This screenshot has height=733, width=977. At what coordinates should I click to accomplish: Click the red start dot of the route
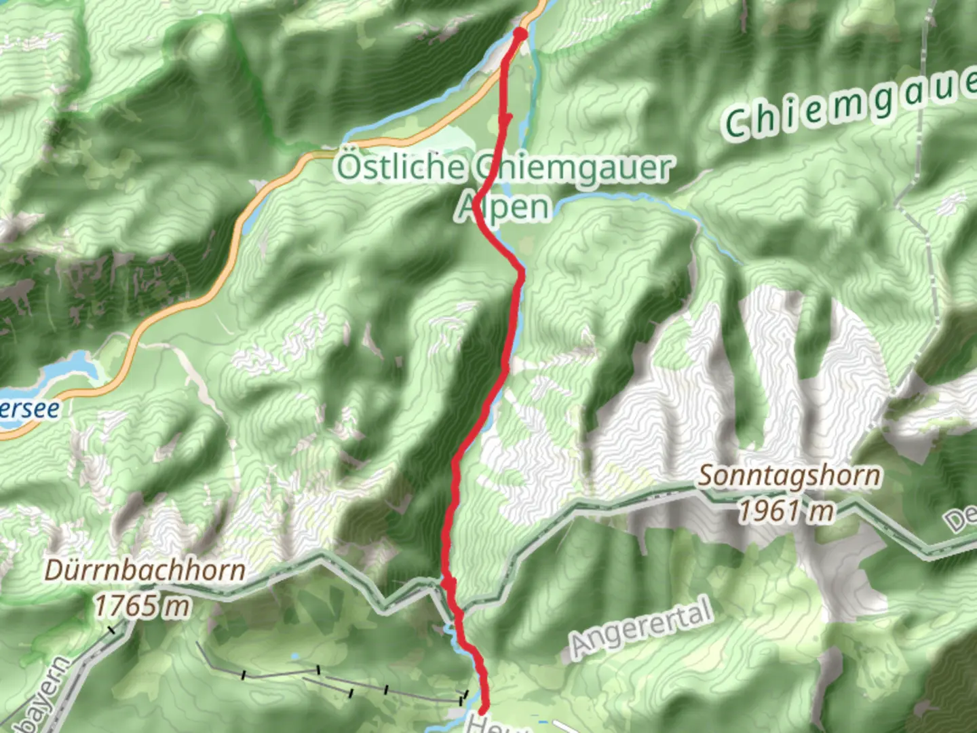click(x=520, y=33)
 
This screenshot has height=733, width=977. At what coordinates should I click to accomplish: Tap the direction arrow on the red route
click(x=505, y=120)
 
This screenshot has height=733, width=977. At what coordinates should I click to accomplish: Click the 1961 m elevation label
click(x=786, y=510)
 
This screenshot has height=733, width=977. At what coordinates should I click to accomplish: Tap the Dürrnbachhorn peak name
click(x=145, y=570)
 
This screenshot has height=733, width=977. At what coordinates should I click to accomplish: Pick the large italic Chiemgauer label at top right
click(x=848, y=109)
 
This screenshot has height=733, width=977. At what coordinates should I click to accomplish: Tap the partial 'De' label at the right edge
click(x=963, y=520)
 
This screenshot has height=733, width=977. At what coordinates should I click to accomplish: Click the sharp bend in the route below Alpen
click(x=520, y=272)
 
